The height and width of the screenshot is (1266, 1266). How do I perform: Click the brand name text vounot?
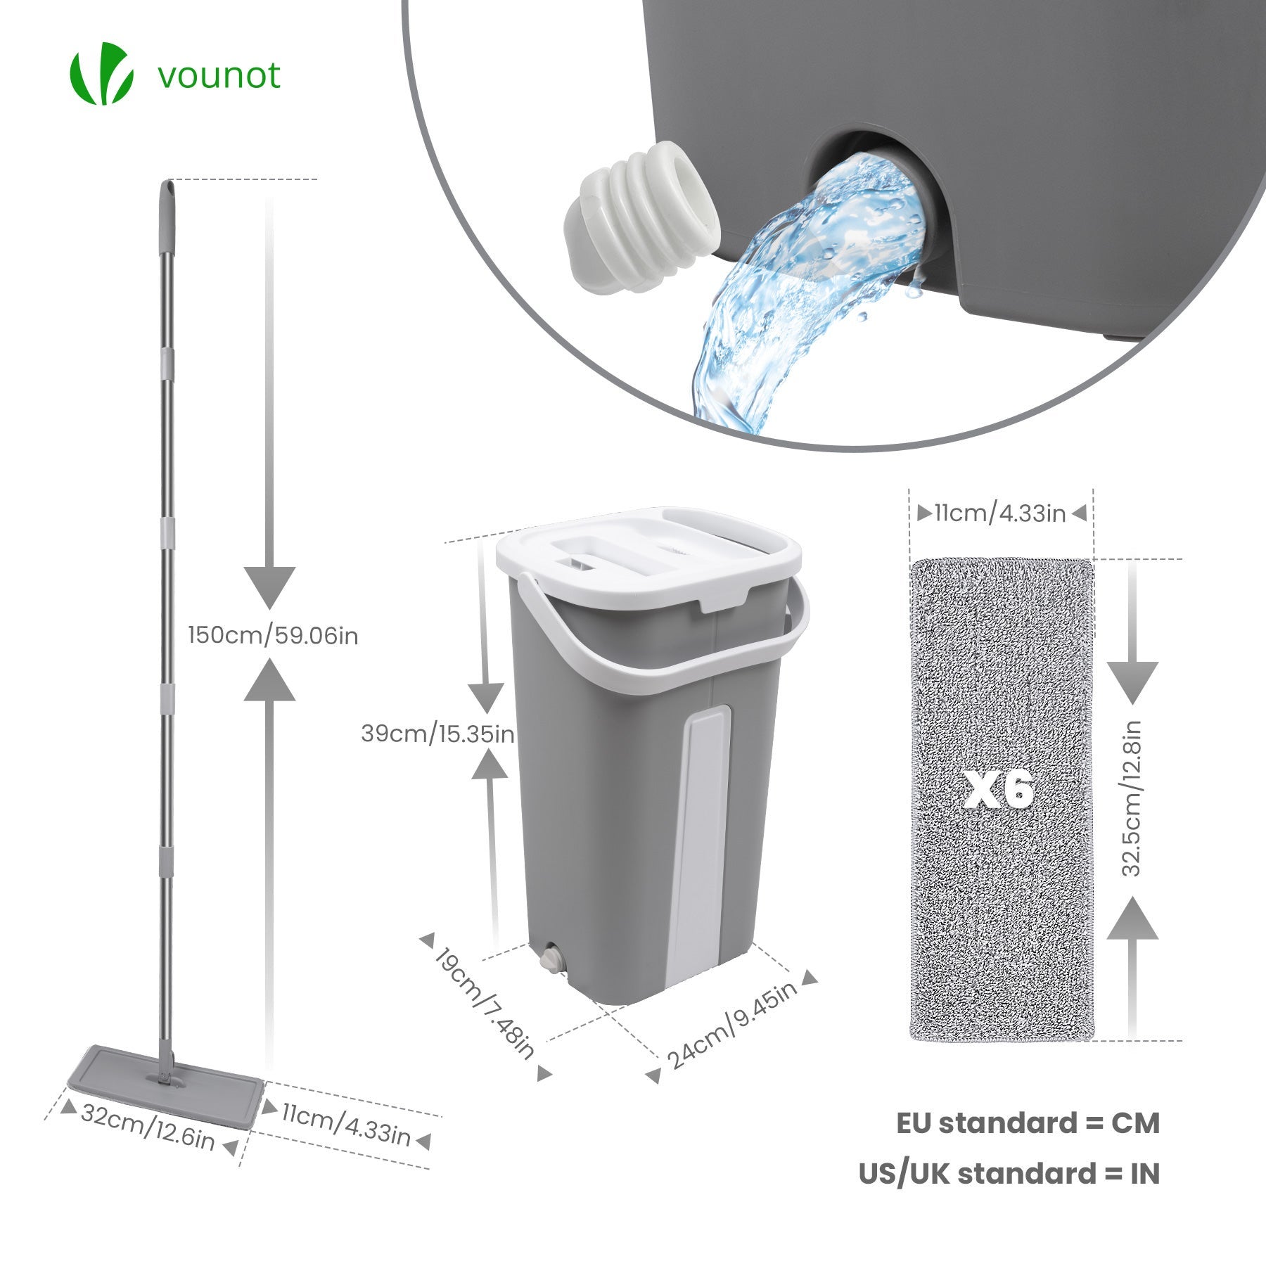219,75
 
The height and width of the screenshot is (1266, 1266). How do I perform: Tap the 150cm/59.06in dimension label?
273,636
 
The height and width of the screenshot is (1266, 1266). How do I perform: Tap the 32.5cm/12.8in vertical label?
1130,798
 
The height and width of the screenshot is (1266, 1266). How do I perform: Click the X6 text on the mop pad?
999,789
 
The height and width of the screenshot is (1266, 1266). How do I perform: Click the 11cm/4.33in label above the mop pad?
999,513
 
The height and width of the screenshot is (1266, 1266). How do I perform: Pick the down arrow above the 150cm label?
269,587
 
